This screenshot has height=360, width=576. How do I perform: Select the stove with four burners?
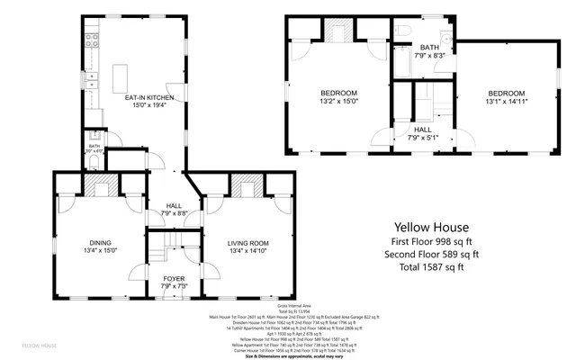pyautogui.click(x=91, y=40)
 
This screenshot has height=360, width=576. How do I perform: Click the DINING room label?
pyautogui.click(x=100, y=240)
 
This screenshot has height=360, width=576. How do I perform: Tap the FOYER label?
pyautogui.click(x=173, y=279)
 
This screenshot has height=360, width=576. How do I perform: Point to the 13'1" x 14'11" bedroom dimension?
pyautogui.click(x=507, y=103)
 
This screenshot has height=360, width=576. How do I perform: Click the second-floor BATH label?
pyautogui.click(x=429, y=48)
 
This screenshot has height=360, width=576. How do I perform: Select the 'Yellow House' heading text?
pyautogui.click(x=429, y=228)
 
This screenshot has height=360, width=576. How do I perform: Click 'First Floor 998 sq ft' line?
pyautogui.click(x=429, y=241)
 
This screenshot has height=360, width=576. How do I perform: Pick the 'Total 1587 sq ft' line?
pyautogui.click(x=429, y=266)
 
